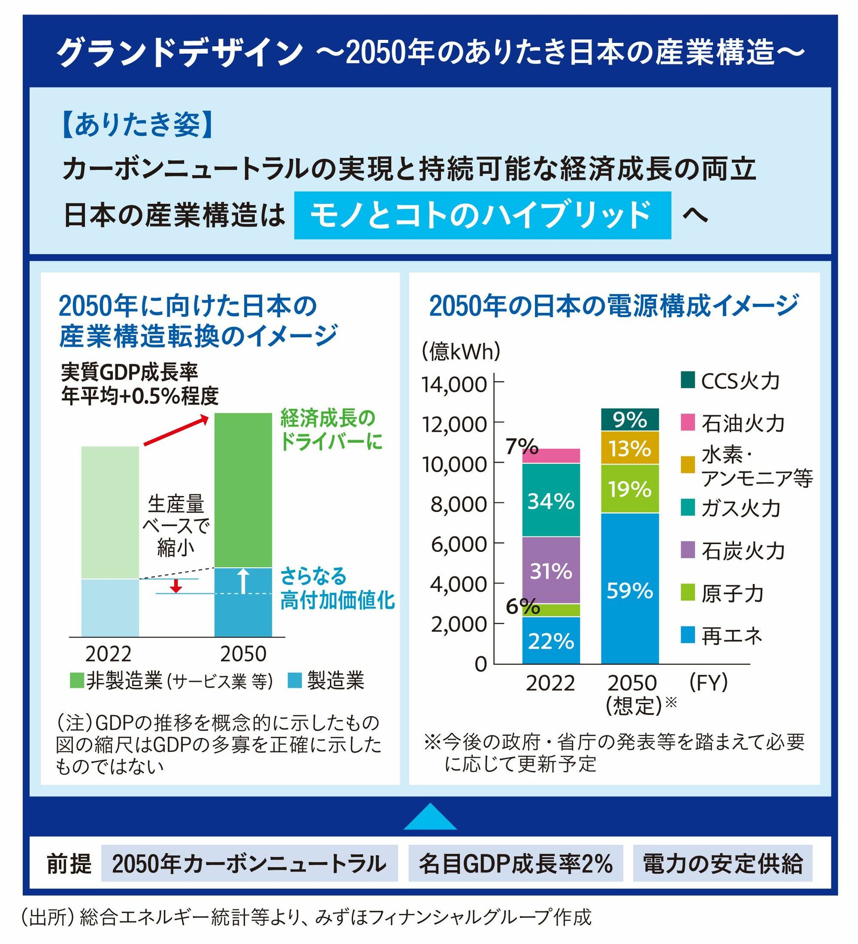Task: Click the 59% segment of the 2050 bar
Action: pos(630,589)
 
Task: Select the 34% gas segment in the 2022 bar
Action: pos(551,500)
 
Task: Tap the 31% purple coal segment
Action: pos(551,570)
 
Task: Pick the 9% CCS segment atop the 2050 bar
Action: pos(630,420)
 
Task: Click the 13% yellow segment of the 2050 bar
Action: pos(630,448)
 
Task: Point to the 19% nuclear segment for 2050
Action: pos(630,489)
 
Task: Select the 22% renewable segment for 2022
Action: pos(551,640)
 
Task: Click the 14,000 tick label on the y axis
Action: pos(454,384)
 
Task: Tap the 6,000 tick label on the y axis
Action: pos(459,544)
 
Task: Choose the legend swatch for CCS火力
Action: pos(687,380)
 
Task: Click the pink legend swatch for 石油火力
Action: pos(687,422)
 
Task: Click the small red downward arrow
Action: pos(176,586)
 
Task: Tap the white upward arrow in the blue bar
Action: pos(244,581)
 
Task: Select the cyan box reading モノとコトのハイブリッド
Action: pos(482,216)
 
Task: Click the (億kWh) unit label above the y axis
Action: pos(461,352)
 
